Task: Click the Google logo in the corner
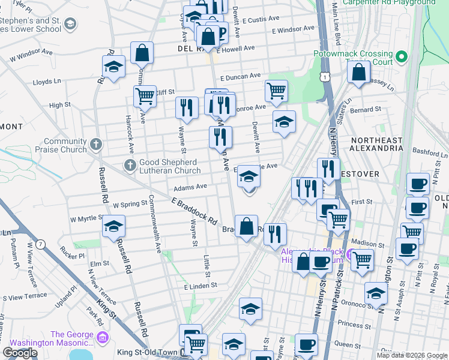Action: (x=20, y=353)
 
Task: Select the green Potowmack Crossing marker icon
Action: (x=401, y=58)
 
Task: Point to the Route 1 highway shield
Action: (x=325, y=76)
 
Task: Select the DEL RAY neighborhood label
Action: (x=191, y=48)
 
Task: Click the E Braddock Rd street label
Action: (x=194, y=212)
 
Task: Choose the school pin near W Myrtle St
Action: (x=112, y=227)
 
